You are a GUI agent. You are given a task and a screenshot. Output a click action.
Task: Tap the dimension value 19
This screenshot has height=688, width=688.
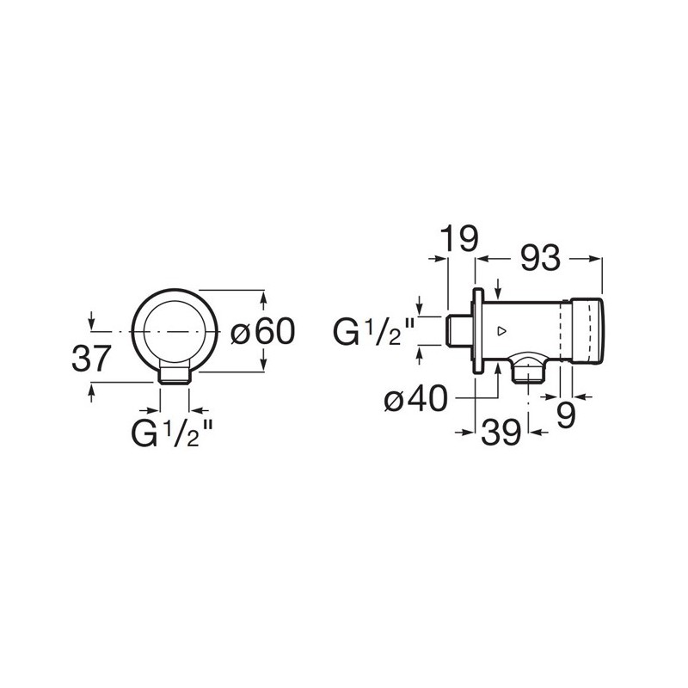point(458,238)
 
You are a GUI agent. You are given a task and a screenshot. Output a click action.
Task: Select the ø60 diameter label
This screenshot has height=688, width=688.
point(263,331)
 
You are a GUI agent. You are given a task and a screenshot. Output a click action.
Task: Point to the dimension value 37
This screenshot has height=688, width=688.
point(90,359)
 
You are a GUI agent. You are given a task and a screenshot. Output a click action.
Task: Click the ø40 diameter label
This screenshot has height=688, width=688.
point(416,399)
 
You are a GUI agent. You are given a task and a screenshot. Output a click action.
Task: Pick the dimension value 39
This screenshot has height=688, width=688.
point(501,433)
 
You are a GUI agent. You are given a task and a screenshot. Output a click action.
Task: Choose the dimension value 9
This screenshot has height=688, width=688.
point(566,415)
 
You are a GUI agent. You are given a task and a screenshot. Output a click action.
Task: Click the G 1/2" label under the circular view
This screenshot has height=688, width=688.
point(172,433)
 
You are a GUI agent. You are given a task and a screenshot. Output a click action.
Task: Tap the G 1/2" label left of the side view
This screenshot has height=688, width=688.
point(374,332)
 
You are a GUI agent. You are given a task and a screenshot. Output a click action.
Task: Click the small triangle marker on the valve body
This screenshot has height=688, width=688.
point(502,331)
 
